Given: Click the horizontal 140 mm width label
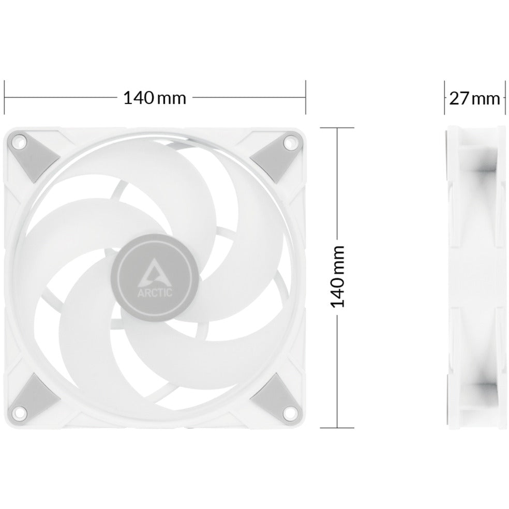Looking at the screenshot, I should click(154, 97).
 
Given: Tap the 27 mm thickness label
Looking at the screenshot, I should click(474, 98).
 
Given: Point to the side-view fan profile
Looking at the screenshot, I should click(474, 276).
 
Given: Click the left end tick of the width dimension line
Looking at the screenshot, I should click(5, 97).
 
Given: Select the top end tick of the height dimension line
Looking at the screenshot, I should click(337, 127).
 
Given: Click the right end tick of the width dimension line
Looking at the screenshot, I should click(306, 97).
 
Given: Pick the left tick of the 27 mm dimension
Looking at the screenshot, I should click(445, 98).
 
